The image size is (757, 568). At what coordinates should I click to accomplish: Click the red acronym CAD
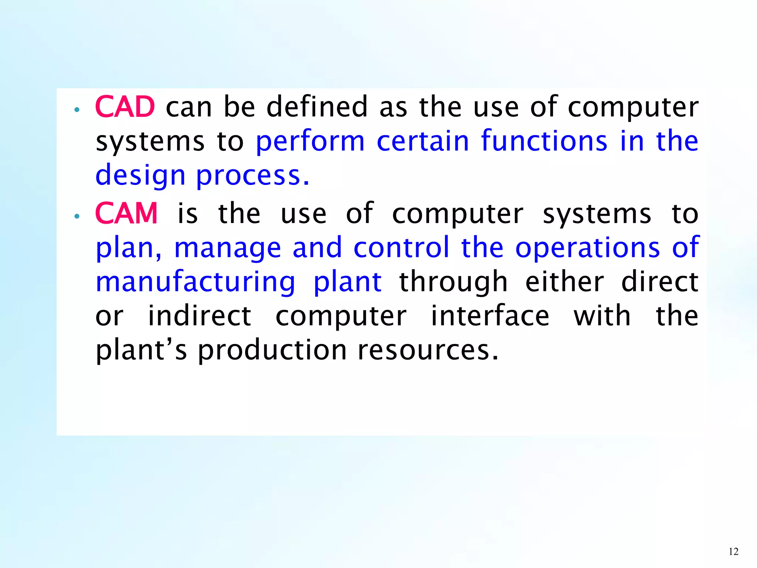click(x=125, y=107)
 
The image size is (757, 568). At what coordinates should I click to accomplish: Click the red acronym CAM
click(x=126, y=213)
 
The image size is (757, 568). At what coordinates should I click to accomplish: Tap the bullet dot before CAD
click(x=77, y=109)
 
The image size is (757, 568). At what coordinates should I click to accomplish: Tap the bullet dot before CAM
click(x=77, y=216)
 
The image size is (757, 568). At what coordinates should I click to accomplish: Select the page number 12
click(x=733, y=551)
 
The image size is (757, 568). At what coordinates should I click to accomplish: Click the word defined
click(x=317, y=107)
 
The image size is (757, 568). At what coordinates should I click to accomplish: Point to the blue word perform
click(x=310, y=142)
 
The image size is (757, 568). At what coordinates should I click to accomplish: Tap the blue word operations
click(x=587, y=248)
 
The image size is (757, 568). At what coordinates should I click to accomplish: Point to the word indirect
click(x=200, y=316)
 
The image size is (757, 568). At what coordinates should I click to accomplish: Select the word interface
click(x=490, y=316)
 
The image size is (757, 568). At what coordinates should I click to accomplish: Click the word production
click(x=272, y=351)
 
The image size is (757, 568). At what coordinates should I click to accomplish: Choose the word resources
click(x=428, y=351)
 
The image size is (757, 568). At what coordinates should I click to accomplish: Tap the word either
click(x=564, y=282)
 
